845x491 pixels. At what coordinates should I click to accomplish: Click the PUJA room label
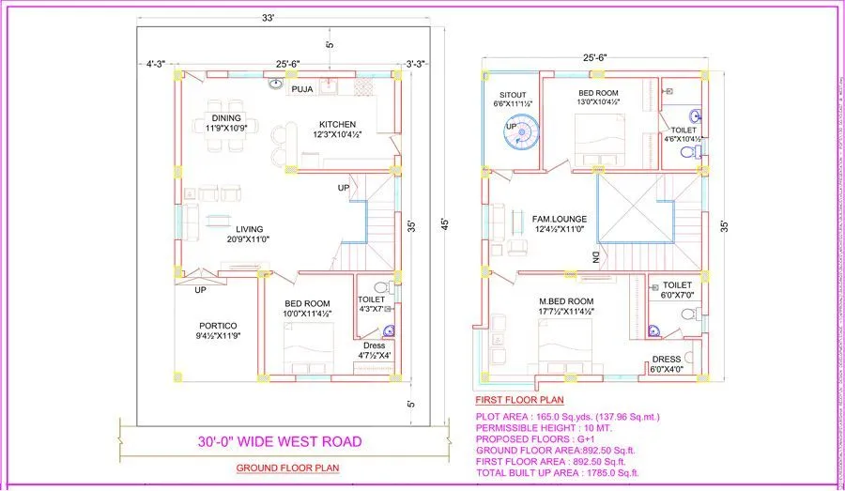click(x=301, y=89)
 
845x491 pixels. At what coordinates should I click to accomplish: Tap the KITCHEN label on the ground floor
click(x=336, y=124)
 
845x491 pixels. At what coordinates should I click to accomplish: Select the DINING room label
click(x=224, y=117)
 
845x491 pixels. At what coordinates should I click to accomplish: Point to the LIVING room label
click(x=249, y=229)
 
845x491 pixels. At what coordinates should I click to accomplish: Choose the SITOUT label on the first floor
click(x=513, y=95)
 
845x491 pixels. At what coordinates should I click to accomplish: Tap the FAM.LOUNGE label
click(x=560, y=219)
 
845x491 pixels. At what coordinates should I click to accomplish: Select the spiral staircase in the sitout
click(x=518, y=136)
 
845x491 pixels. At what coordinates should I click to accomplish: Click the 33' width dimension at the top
click(x=269, y=17)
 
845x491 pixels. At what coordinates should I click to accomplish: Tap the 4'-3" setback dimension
click(x=155, y=64)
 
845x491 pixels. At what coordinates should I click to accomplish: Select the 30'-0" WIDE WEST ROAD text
click(x=279, y=440)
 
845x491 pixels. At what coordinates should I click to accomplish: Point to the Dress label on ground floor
click(x=374, y=345)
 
